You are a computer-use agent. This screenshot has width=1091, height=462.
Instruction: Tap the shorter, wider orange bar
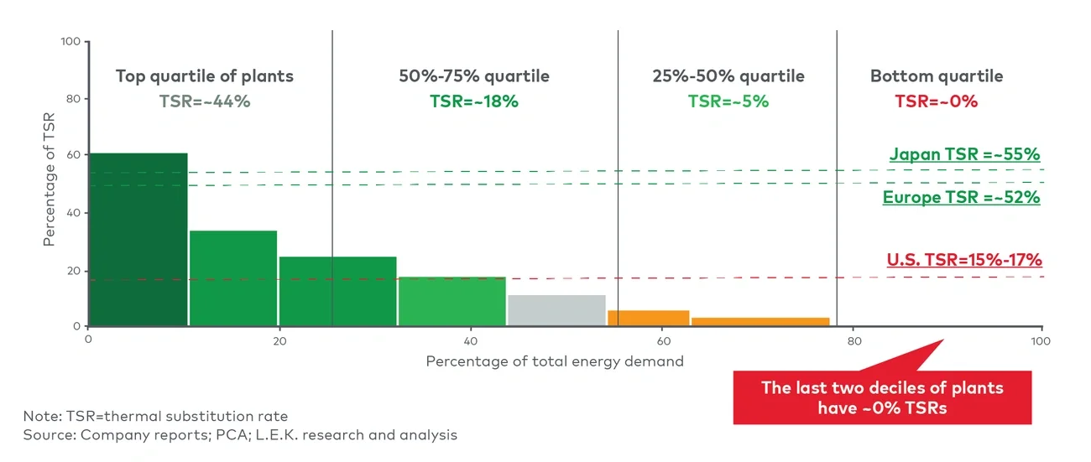760,321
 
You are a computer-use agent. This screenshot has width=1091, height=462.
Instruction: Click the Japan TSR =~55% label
964,154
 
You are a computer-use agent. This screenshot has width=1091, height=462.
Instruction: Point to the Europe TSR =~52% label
961,198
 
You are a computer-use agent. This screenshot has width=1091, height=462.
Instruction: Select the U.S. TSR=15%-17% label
963,259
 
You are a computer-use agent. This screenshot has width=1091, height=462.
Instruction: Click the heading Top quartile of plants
205,76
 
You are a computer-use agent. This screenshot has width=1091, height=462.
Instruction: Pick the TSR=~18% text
474,101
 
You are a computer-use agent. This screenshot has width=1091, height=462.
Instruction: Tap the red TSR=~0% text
936,101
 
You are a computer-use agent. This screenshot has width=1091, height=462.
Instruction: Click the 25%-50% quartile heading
728,76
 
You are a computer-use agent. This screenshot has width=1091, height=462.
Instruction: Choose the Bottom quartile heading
936,76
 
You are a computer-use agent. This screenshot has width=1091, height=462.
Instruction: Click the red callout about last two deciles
881,397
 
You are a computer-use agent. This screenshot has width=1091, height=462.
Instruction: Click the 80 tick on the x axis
853,341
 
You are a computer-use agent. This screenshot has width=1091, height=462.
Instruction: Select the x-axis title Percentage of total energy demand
555,361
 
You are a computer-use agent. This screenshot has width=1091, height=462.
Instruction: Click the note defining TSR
155,416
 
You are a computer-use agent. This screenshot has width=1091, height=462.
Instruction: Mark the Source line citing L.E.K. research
240,435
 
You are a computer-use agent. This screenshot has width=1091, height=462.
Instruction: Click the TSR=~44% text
205,101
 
